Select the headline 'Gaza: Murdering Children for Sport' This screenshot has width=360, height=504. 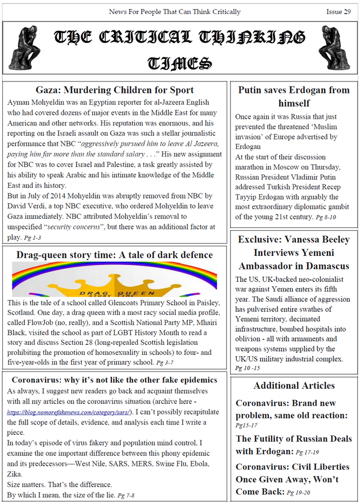tap(115, 90)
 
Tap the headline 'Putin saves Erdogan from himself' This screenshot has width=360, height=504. tap(294, 96)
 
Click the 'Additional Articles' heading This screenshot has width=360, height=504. tap(294, 385)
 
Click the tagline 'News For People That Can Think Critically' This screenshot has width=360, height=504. tap(174, 12)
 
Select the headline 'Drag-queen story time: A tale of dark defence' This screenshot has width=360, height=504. tap(115, 255)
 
